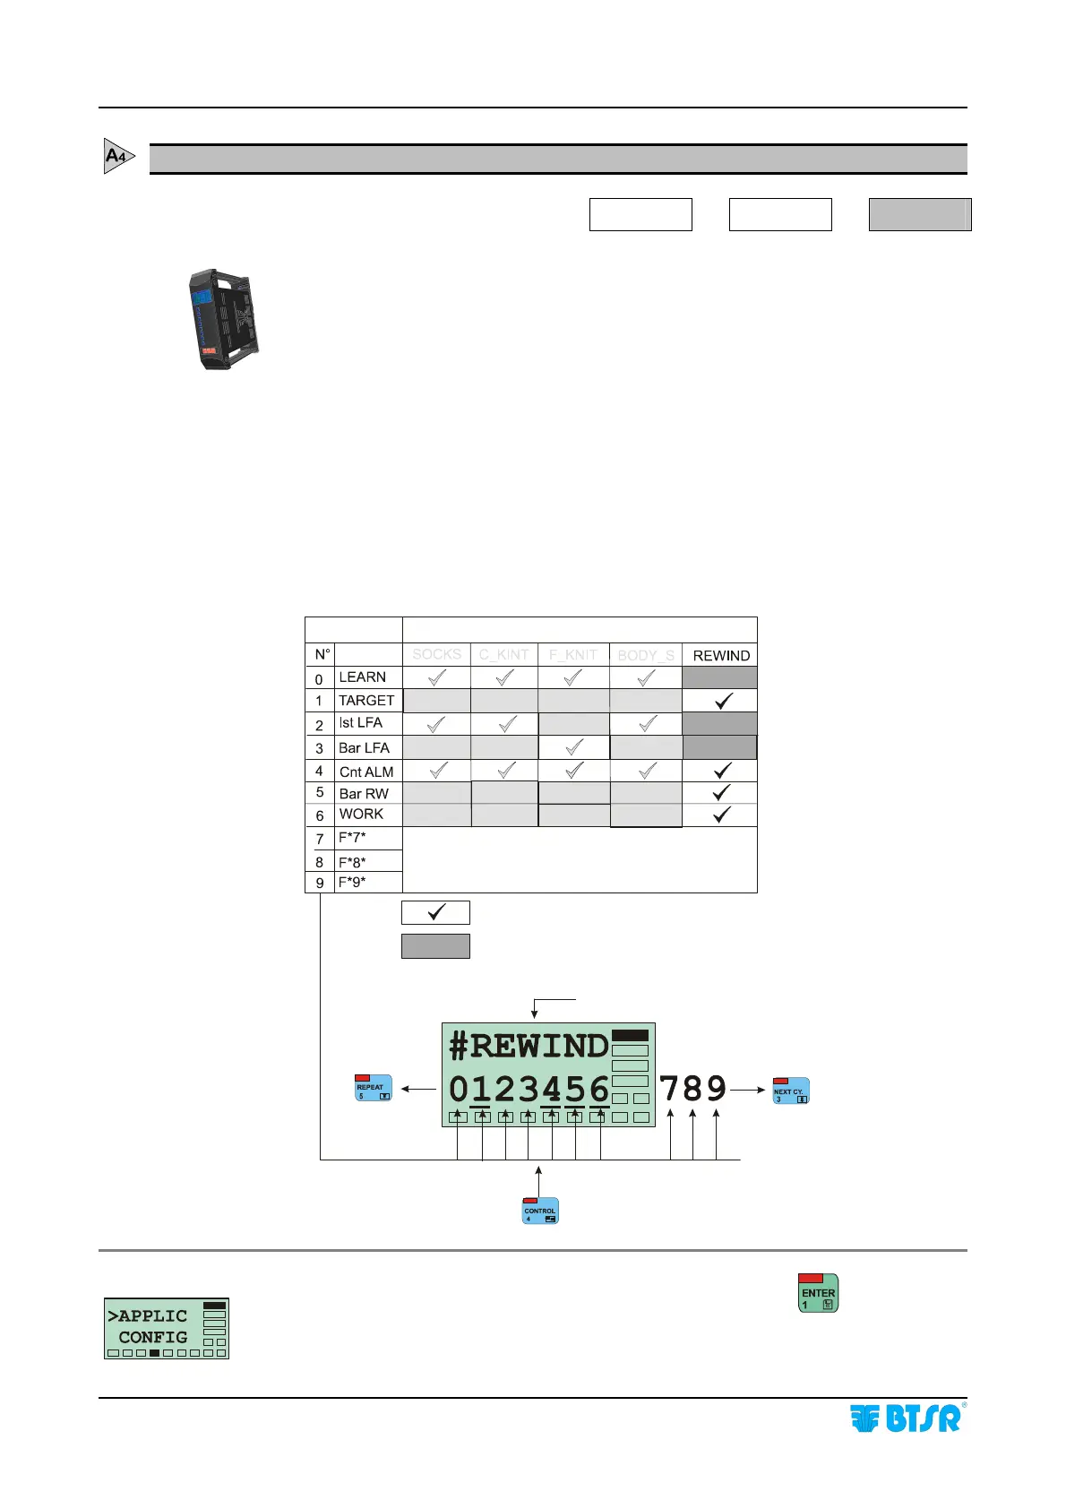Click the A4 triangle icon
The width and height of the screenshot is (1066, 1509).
click(118, 156)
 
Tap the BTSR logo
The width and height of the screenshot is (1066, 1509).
click(907, 1418)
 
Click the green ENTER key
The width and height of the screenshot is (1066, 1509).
click(818, 1293)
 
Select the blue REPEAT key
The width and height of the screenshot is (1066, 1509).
click(374, 1087)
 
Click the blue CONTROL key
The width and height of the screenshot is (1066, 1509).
click(540, 1211)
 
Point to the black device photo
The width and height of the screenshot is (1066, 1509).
click(224, 319)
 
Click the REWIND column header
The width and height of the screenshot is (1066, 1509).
click(721, 656)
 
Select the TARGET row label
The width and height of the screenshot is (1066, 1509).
click(365, 701)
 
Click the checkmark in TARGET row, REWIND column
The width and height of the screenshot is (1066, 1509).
click(723, 701)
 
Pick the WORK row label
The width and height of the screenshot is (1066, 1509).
click(361, 815)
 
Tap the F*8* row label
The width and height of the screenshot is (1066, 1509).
click(352, 862)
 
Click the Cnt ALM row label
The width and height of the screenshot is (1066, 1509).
click(365, 772)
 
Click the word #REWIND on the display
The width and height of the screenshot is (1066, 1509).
click(529, 1046)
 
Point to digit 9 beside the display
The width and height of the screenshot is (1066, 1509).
click(716, 1089)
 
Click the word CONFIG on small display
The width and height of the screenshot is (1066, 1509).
click(152, 1337)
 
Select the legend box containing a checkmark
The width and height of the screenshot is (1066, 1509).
click(435, 912)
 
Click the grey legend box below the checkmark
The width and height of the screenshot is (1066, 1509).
click(435, 946)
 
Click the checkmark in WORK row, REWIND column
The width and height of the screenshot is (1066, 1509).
click(722, 815)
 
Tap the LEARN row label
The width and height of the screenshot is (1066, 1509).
click(362, 677)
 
